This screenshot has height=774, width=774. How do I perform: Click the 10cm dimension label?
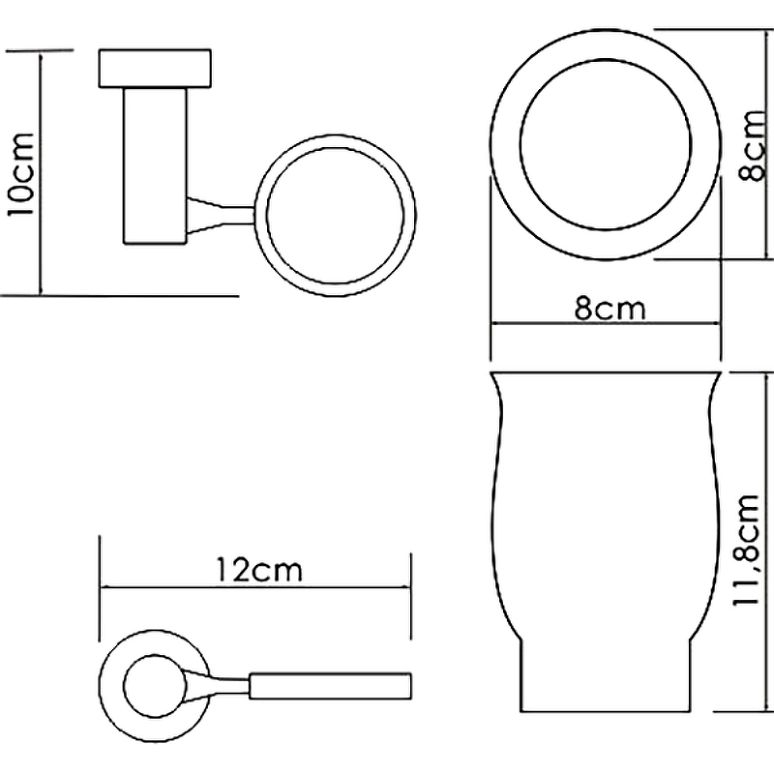(x=20, y=174)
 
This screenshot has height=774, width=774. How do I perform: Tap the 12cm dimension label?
(x=259, y=570)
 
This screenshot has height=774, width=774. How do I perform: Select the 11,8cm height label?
(x=745, y=550)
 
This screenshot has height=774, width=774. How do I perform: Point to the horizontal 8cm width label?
(x=610, y=309)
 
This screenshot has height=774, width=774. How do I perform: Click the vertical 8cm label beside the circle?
(x=754, y=146)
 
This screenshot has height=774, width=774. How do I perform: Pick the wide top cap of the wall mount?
(x=155, y=69)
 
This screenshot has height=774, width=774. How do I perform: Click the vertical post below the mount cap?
(x=155, y=165)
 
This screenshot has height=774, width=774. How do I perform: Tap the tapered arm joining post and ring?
(x=222, y=215)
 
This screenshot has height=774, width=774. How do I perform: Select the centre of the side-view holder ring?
(x=335, y=215)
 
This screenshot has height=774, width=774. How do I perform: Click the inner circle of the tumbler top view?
(x=606, y=144)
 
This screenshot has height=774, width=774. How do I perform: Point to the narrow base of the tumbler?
(x=606, y=676)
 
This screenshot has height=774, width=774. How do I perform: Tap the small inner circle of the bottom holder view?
(x=155, y=686)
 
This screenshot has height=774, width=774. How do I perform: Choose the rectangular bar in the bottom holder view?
(x=330, y=686)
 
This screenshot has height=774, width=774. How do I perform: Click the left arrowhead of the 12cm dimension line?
(x=104, y=587)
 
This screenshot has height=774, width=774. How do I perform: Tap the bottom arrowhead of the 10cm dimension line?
(x=41, y=289)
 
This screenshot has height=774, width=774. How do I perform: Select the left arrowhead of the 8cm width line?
(x=495, y=324)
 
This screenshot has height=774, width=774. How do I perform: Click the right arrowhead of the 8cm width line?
(x=715, y=324)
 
